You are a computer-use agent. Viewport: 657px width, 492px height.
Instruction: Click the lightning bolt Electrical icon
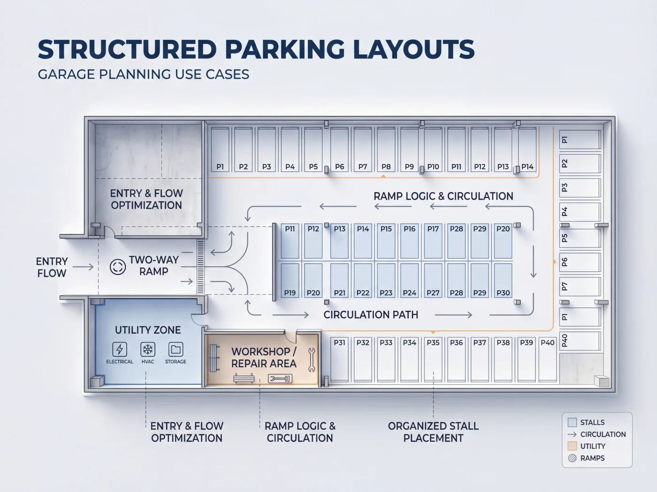[x=119, y=349]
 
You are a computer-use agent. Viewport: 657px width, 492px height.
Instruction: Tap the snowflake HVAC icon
[x=147, y=349]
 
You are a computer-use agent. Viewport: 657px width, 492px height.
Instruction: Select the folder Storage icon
[x=176, y=349]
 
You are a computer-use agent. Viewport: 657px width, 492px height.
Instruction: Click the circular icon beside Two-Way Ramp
[x=118, y=267]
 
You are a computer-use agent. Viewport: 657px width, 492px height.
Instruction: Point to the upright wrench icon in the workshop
[x=312, y=360]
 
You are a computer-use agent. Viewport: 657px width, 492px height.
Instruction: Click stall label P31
[x=339, y=343]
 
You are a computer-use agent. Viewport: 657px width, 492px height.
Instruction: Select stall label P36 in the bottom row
[x=456, y=343]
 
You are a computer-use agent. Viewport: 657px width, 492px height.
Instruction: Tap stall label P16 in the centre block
[x=410, y=229]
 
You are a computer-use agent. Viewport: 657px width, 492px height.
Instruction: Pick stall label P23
[x=386, y=293]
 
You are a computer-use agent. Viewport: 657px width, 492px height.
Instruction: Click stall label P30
[x=503, y=293]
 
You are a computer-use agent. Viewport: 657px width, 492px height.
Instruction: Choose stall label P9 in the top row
[x=409, y=166]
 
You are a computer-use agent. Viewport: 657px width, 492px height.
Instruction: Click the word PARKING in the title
[x=284, y=49]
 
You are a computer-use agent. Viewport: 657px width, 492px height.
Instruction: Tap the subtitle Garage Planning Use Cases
[x=144, y=74]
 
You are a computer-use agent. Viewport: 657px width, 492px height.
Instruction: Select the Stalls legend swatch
[x=572, y=422]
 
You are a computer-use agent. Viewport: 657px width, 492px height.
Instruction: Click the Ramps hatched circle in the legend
[x=572, y=458]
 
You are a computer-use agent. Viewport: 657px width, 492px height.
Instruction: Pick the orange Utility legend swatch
[x=572, y=446]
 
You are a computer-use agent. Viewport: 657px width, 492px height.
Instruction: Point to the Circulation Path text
[x=371, y=314]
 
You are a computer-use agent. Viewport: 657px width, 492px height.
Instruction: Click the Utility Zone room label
[x=148, y=330]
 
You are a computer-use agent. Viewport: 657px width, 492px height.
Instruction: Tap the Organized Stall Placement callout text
[x=433, y=432]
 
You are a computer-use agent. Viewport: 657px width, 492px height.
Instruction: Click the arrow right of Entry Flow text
[x=83, y=267]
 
